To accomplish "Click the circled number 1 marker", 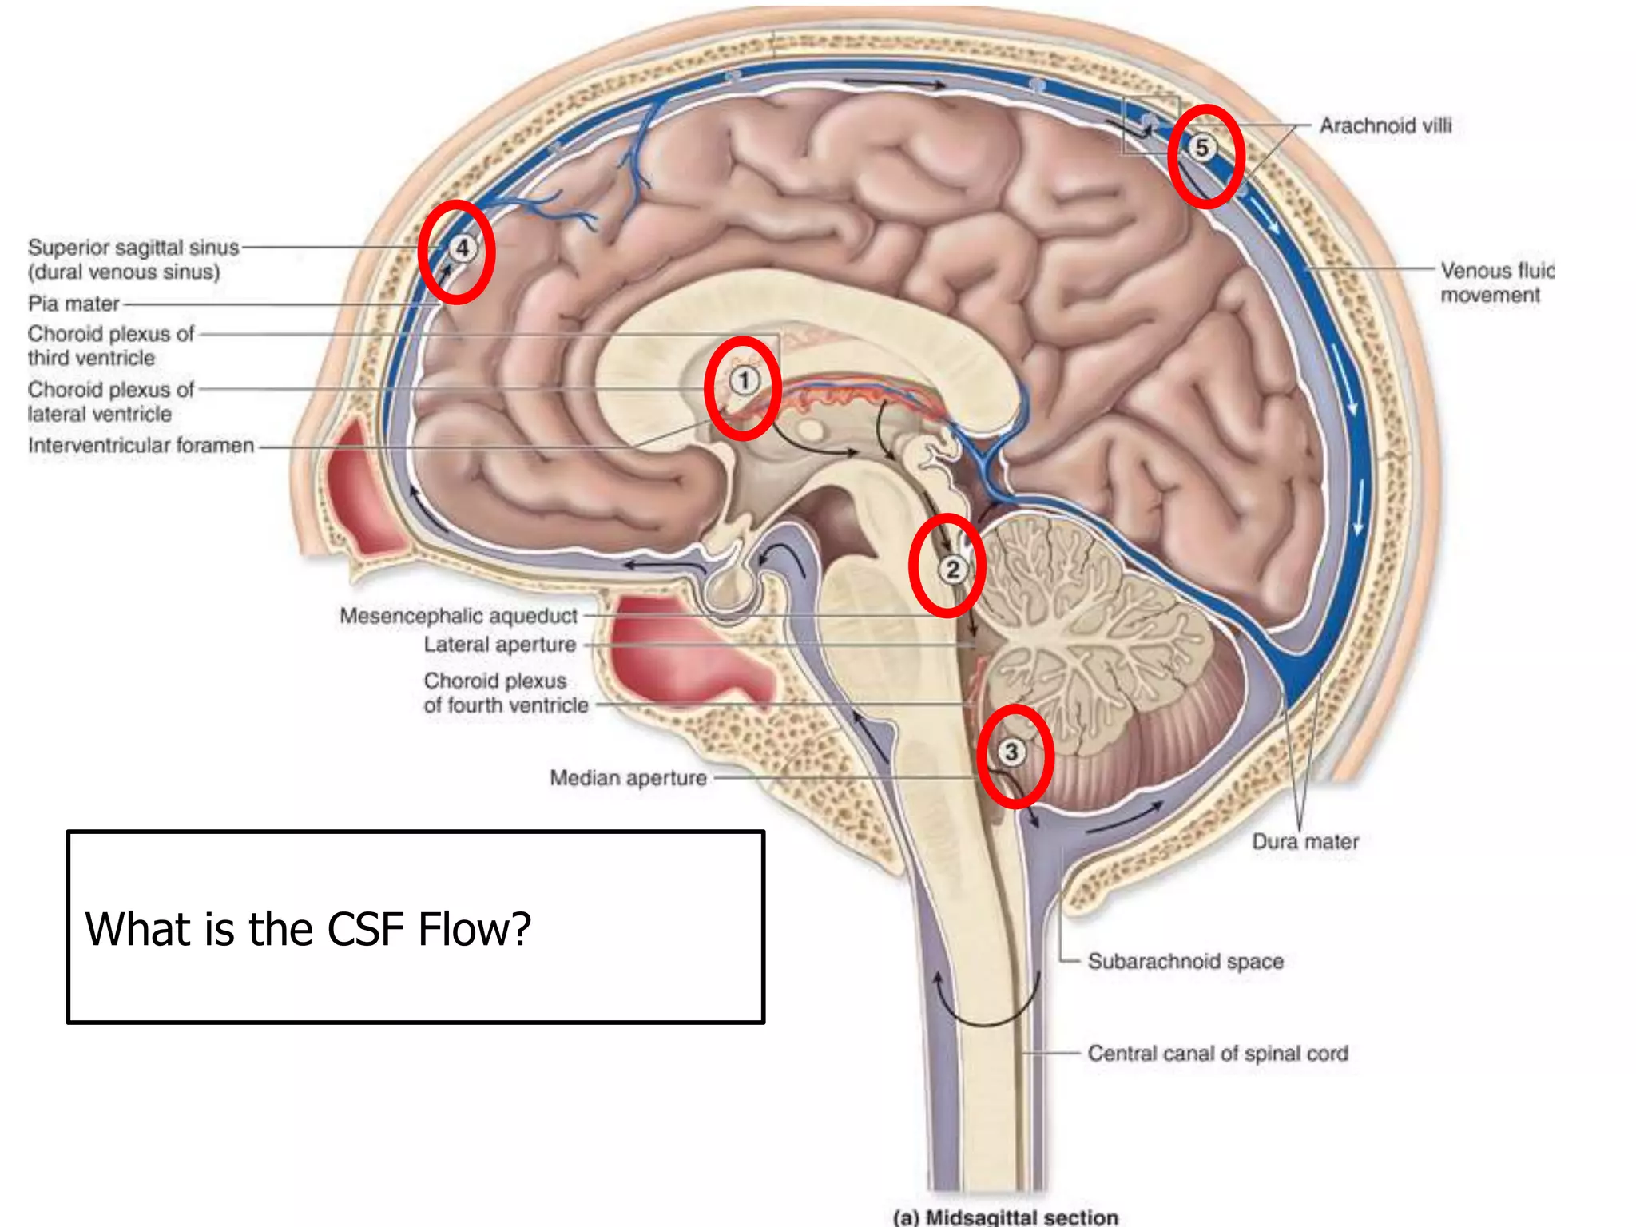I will tap(744, 380).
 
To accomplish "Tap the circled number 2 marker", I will tap(951, 570).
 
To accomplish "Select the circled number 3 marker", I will tap(1011, 752).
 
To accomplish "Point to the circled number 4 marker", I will tap(462, 248).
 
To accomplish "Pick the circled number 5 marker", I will tap(1201, 148).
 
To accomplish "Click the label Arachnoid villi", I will tap(1385, 126).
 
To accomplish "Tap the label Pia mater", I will tap(73, 304).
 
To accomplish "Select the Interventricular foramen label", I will tap(141, 445).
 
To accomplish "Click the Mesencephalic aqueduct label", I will tap(458, 616).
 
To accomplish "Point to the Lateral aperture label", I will tap(499, 645).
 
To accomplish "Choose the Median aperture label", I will tap(628, 778).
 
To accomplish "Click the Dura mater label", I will tap(1304, 842).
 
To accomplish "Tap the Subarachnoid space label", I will tap(1185, 961).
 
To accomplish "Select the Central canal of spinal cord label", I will tap(1217, 1054).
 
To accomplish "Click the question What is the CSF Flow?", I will tap(308, 929).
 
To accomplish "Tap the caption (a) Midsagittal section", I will tap(1005, 1217).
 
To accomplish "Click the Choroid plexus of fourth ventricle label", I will tap(506, 693).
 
